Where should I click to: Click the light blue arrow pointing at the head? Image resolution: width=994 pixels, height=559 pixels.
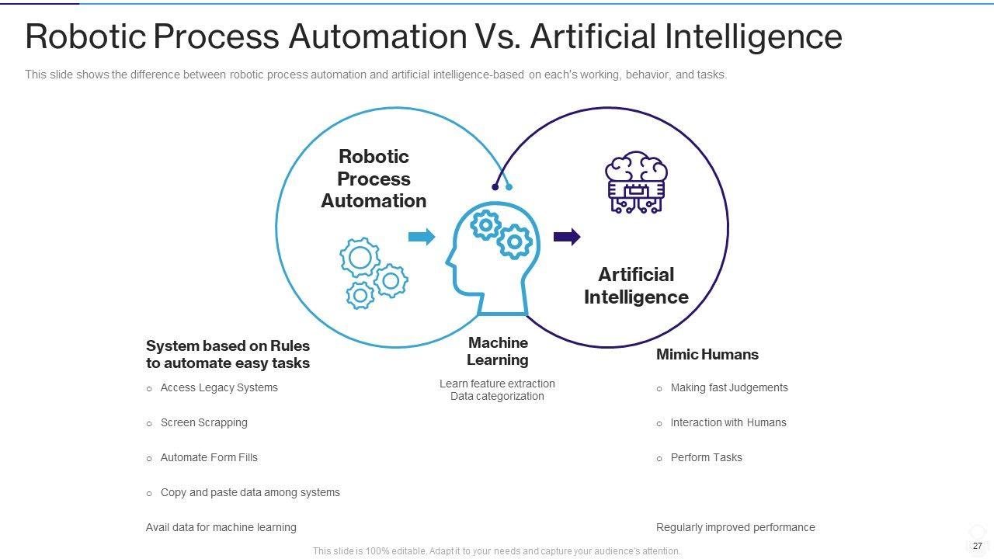421,237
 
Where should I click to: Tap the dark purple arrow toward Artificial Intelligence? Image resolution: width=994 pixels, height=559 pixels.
566,237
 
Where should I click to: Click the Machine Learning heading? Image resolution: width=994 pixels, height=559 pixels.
498,351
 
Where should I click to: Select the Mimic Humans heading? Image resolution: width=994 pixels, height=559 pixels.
707,355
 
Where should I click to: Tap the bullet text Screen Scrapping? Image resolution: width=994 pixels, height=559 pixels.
203,423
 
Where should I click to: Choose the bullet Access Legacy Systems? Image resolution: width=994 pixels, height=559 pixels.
218,388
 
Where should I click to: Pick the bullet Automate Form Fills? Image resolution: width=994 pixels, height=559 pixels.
208,458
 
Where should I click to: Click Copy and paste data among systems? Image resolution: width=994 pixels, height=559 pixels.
249,493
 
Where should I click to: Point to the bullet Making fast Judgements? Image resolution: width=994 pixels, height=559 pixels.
728,388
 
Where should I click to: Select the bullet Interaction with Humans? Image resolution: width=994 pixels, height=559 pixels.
728,423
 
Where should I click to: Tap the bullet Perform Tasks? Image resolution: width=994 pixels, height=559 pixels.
706,458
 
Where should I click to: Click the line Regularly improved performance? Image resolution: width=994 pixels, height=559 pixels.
735,528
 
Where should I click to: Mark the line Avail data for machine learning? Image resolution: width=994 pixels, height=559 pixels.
221,528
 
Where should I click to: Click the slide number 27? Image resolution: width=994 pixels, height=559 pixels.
977,546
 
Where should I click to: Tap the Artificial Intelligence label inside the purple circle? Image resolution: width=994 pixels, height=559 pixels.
636,286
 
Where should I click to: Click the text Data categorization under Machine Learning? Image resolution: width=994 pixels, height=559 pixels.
497,397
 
